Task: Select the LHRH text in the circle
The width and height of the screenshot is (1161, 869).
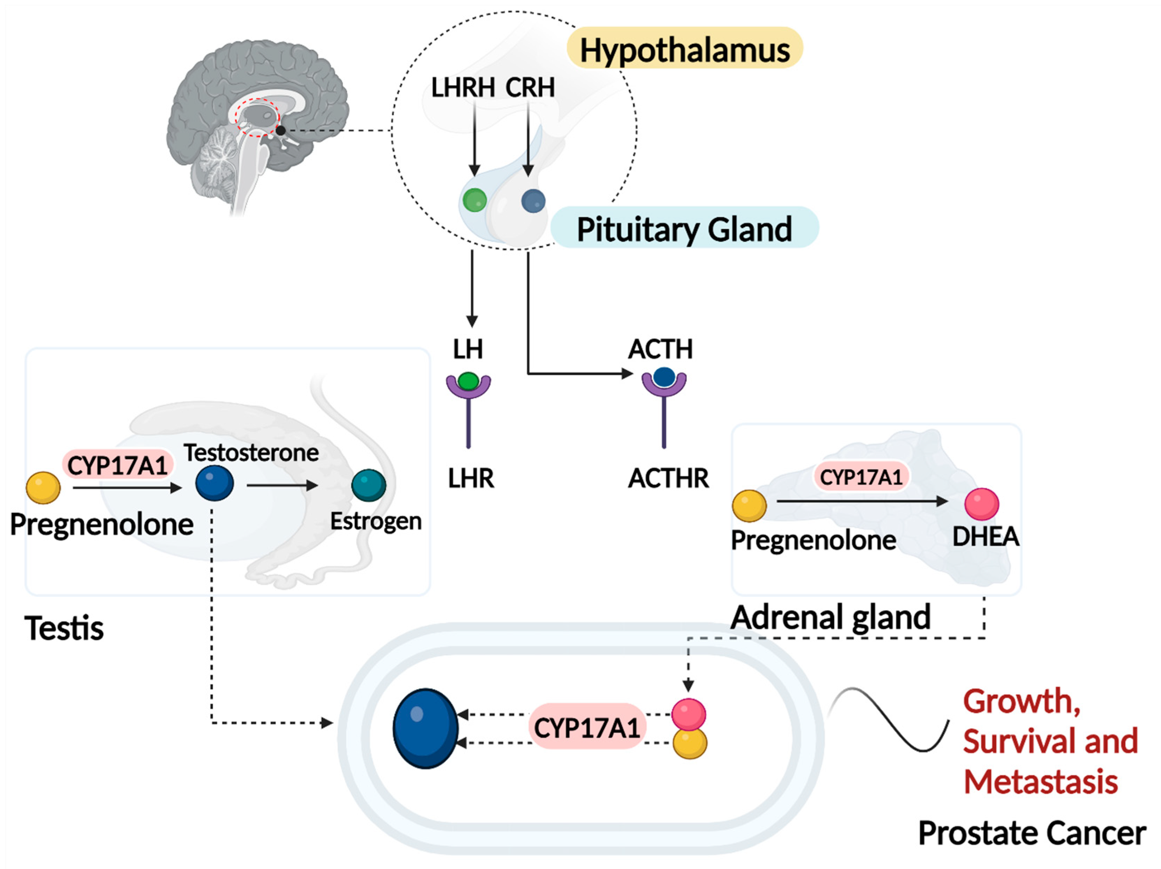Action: (463, 87)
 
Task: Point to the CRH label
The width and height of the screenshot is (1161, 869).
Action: (530, 87)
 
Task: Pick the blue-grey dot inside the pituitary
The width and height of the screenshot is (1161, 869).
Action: (533, 201)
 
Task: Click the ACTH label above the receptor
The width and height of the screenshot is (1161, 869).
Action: (660, 349)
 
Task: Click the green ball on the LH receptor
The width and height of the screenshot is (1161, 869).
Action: (468, 380)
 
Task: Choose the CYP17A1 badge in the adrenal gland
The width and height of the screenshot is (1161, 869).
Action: (861, 477)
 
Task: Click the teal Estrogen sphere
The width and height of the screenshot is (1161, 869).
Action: (368, 485)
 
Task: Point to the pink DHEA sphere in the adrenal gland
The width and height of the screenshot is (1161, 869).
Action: (981, 504)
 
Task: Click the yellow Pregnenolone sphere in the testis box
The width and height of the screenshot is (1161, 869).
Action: (43, 488)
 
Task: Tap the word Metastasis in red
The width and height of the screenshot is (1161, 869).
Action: (1041, 781)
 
